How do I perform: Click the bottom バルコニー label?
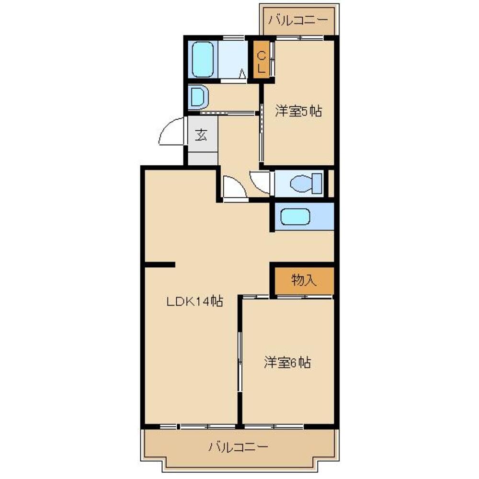(238, 447)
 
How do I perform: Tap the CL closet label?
(261, 62)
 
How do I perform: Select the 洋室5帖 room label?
(297, 111)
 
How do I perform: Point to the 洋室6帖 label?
(287, 363)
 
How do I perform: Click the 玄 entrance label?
(201, 136)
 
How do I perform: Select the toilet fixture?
(307, 183)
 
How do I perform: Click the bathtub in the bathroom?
(202, 59)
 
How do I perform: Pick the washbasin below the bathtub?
(198, 96)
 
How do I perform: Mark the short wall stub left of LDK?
(160, 264)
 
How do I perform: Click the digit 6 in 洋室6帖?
(292, 363)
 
